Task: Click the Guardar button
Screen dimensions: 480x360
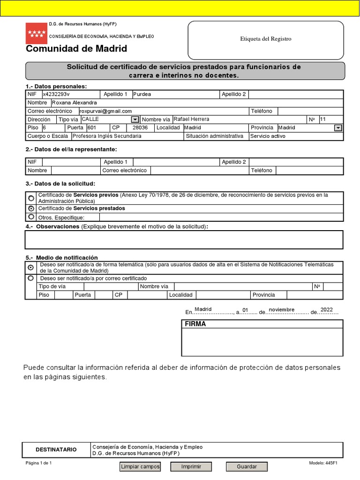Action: (247, 467)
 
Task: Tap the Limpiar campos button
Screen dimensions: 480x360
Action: (141, 467)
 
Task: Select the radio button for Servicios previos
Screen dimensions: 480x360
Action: (31, 198)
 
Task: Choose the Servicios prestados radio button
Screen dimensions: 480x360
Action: (31, 208)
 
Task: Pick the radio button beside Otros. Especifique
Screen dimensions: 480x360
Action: (31, 217)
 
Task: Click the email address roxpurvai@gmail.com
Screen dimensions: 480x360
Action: (106, 111)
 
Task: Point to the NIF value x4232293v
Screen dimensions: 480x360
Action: (56, 94)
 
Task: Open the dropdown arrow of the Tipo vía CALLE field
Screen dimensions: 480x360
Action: (135, 120)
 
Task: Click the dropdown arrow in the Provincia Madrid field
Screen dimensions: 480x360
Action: (338, 128)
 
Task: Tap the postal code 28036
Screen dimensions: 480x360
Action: (140, 128)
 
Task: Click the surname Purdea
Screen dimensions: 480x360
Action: (142, 94)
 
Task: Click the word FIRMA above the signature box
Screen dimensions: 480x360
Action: (195, 324)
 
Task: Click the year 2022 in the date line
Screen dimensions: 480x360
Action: (327, 310)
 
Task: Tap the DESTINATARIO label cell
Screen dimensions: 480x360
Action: (56, 450)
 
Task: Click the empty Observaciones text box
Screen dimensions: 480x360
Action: (184, 240)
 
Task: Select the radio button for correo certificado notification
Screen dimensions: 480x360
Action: (31, 278)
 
